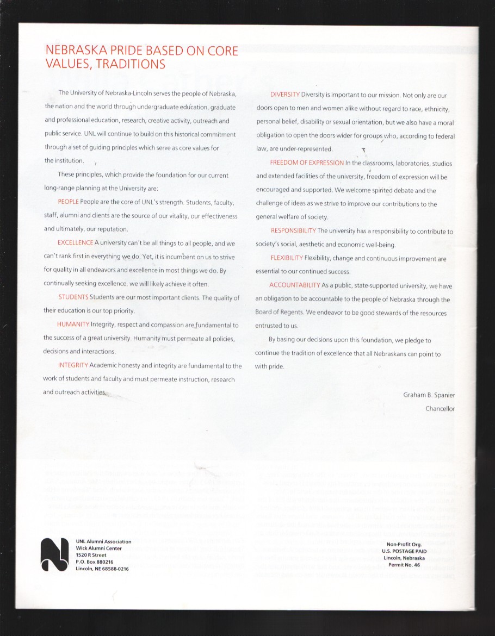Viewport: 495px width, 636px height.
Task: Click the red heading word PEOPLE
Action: pos(68,202)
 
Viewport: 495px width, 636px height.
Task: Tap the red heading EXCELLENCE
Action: pos(75,243)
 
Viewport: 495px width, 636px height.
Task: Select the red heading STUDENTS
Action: pos(73,297)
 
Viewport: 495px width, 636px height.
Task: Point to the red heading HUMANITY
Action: pos(73,325)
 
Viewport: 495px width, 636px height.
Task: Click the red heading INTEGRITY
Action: pos(73,365)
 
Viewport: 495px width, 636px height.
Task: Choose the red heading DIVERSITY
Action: pos(285,95)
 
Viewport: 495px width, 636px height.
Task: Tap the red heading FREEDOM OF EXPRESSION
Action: pos(307,163)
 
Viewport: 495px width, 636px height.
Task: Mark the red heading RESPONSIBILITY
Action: pos(293,231)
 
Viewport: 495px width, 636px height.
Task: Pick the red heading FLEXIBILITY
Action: pos(287,258)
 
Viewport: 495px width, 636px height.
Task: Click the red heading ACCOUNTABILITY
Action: pos(294,285)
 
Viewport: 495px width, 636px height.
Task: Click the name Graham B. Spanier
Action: pos(429,395)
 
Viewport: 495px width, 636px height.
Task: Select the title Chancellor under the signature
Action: pos(440,409)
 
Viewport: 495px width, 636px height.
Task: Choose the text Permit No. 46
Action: pos(404,565)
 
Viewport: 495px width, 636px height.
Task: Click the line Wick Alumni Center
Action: pos(99,548)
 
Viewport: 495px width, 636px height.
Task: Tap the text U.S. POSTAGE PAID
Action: pos(404,551)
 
